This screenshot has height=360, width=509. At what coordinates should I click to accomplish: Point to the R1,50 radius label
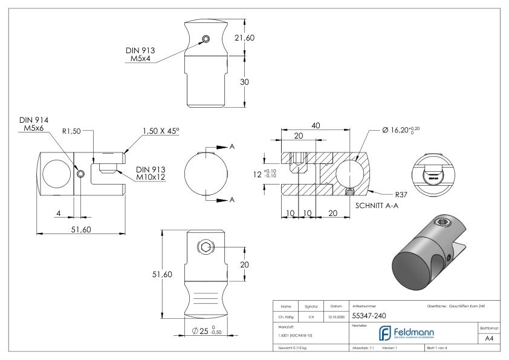click(x=75, y=130)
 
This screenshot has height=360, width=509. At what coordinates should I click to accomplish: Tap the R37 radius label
click(x=402, y=195)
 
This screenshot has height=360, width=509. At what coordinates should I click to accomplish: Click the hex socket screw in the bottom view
click(x=205, y=248)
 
